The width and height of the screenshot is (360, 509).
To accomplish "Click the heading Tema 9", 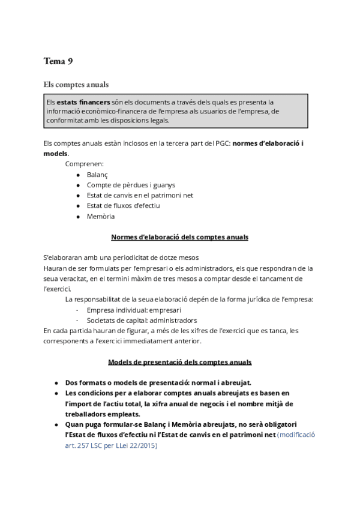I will [x=58, y=61].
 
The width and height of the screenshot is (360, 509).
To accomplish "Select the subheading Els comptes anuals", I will [x=76, y=84].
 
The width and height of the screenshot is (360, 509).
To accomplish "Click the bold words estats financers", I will [x=79, y=102].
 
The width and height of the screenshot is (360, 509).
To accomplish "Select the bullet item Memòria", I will [x=100, y=216].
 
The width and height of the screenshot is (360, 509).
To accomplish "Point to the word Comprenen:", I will [x=85, y=163].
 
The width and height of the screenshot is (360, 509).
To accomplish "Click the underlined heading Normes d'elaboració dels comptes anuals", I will [x=179, y=237].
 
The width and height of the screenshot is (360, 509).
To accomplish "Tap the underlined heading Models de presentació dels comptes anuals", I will [x=179, y=362].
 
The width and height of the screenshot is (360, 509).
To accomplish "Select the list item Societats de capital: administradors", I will [x=142, y=321].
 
